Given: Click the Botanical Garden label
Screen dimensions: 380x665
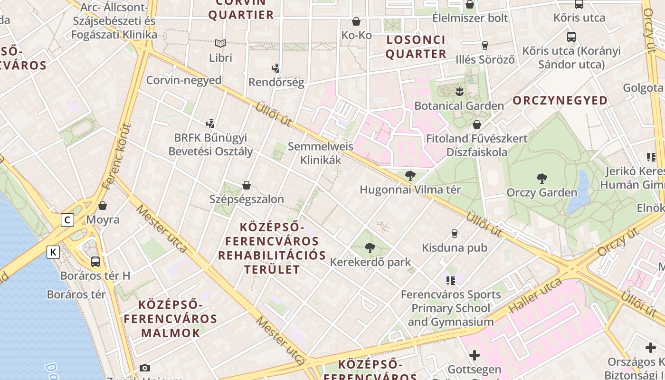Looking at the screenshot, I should tap(459, 105).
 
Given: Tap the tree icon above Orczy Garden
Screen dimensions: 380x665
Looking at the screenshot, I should tap(541, 179).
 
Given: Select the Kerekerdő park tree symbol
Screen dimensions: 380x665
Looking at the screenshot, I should tap(370, 247).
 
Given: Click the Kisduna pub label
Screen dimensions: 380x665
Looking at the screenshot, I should tap(455, 247).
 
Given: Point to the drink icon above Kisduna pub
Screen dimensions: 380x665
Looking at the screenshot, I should tap(455, 233).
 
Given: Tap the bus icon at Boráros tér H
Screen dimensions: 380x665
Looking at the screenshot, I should tap(95, 261).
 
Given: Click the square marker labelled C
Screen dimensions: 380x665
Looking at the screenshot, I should tap(68, 220).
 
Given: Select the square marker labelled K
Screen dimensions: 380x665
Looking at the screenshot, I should tap(53, 252).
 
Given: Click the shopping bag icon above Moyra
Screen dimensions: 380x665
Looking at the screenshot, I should tap(103, 206).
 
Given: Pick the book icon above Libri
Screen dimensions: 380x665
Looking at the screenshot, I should tap(220, 43).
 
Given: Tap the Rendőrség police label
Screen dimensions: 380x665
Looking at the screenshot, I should tap(276, 82).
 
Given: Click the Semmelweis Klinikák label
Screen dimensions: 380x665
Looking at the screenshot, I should tap(321, 153).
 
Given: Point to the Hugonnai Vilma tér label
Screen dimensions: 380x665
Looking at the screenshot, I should tap(410, 190).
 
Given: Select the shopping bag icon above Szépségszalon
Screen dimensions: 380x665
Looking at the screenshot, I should tap(247, 185).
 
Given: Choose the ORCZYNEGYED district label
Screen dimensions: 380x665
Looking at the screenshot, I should tap(560, 100).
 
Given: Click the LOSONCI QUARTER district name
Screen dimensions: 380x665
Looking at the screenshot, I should tap(416, 47).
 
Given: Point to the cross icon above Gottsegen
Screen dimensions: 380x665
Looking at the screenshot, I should tap(474, 355).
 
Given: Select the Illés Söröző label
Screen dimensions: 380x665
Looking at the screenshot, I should tap(485, 60).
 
